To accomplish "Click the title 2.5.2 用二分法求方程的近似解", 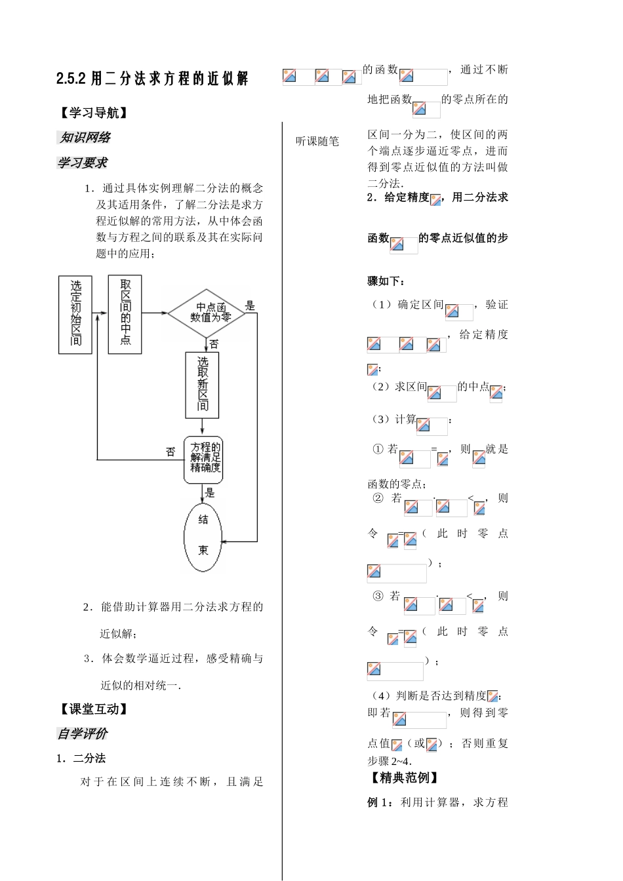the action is click(x=152, y=79).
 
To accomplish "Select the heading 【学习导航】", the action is click(x=94, y=113).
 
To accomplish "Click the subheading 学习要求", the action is click(x=83, y=163).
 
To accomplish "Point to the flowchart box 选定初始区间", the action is click(x=75, y=315).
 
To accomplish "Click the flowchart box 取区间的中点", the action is click(x=125, y=314).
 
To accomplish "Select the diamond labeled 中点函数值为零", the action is click(x=207, y=313).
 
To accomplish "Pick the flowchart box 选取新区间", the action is click(x=202, y=385).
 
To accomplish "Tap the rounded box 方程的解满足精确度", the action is click(x=203, y=460).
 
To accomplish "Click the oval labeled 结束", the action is click(x=203, y=538).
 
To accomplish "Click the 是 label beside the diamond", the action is click(x=251, y=305).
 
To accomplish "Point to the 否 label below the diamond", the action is click(x=214, y=345).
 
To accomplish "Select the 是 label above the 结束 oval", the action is click(x=210, y=493).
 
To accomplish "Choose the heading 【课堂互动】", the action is click(x=94, y=709).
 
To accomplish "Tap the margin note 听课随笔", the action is click(x=317, y=142).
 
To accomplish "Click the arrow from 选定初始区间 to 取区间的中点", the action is click(x=100, y=313).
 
